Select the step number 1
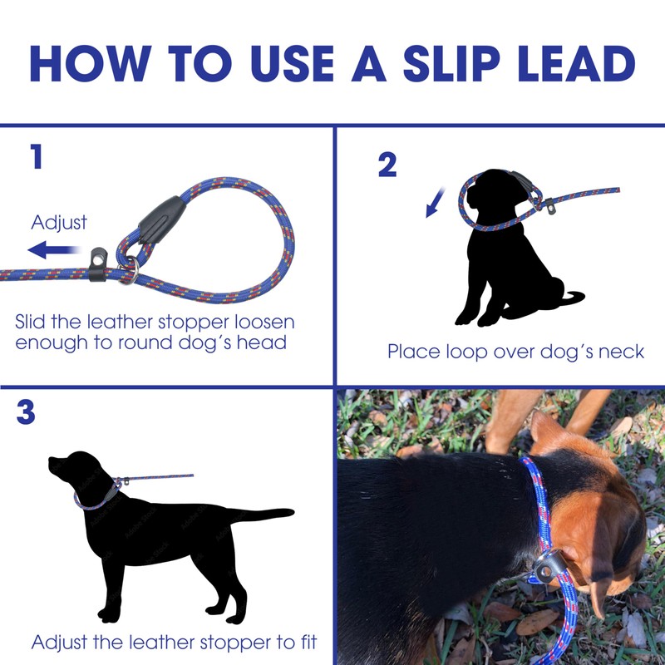[x=37, y=156]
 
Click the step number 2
[x=387, y=165]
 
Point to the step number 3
[x=26, y=412]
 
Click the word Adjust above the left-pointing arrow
[x=59, y=222]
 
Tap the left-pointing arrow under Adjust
[x=53, y=250]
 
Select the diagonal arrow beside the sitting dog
[x=436, y=202]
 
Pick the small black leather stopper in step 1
[x=98, y=264]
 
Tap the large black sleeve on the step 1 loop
[x=162, y=220]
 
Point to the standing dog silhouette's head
[x=76, y=470]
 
